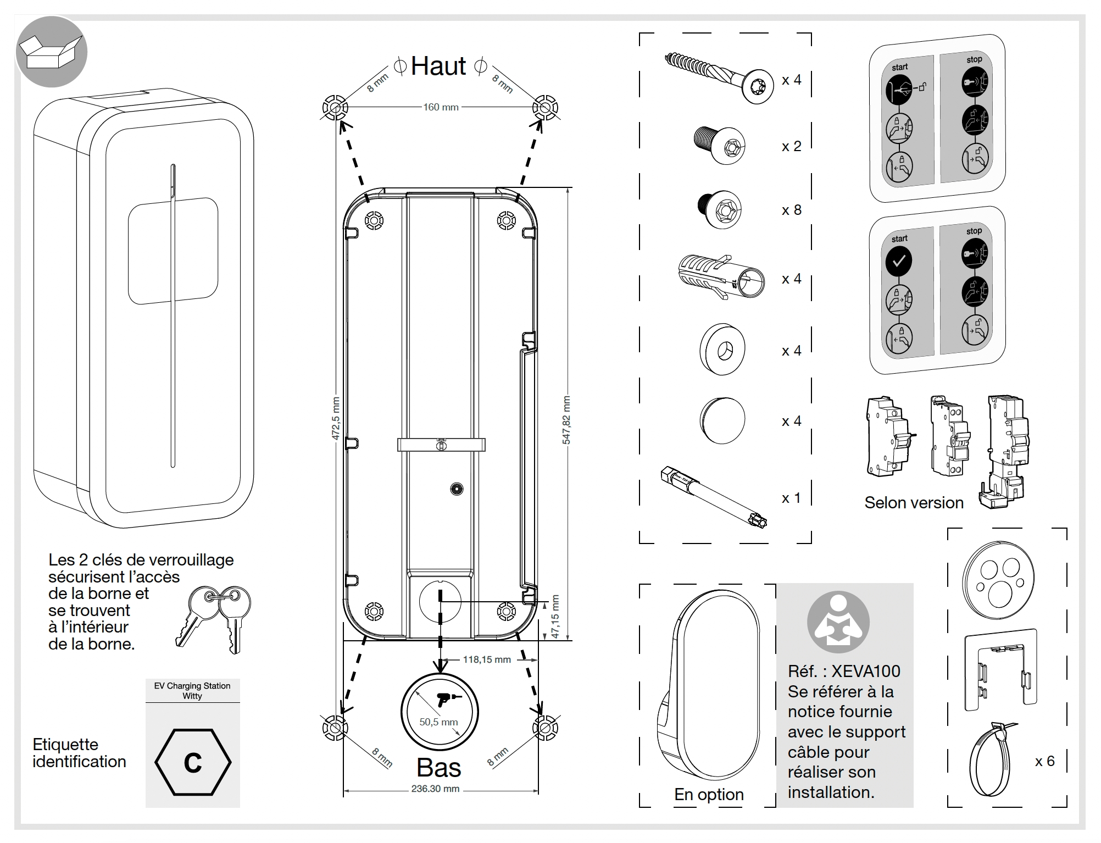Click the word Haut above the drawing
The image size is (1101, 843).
point(438,66)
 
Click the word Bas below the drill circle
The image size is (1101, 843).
point(438,767)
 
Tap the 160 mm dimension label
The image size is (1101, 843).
point(441,107)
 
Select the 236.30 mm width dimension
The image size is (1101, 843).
point(435,789)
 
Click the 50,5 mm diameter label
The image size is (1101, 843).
point(438,722)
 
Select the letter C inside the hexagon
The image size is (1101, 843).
point(193,763)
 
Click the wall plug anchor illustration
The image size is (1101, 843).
point(720,277)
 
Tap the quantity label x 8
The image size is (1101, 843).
point(791,210)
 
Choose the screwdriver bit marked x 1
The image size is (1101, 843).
point(714,496)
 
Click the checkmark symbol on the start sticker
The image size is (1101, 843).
point(899,261)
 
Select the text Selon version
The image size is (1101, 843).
point(914,502)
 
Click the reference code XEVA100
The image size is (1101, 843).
point(866,671)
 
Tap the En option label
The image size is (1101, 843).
point(709,794)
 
